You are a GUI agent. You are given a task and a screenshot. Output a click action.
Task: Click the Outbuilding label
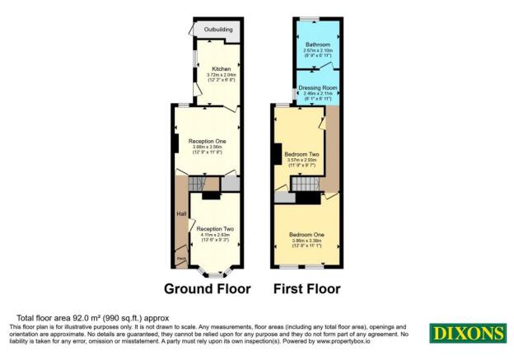[217, 30]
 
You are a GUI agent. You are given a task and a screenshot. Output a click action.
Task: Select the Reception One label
[208, 141]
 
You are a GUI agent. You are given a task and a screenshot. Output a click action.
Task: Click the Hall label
[180, 216]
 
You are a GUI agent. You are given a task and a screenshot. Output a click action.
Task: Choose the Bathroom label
[317, 44]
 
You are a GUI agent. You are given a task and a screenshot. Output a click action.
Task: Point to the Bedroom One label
[306, 235]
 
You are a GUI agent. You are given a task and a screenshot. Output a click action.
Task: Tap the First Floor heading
[308, 289]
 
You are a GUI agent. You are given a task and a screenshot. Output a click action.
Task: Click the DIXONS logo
[466, 333]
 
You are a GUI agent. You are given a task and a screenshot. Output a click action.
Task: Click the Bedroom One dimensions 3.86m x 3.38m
[306, 241]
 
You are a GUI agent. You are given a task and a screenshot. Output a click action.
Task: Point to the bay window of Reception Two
[213, 271]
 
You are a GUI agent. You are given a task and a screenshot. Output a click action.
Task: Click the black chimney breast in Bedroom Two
[276, 154]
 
